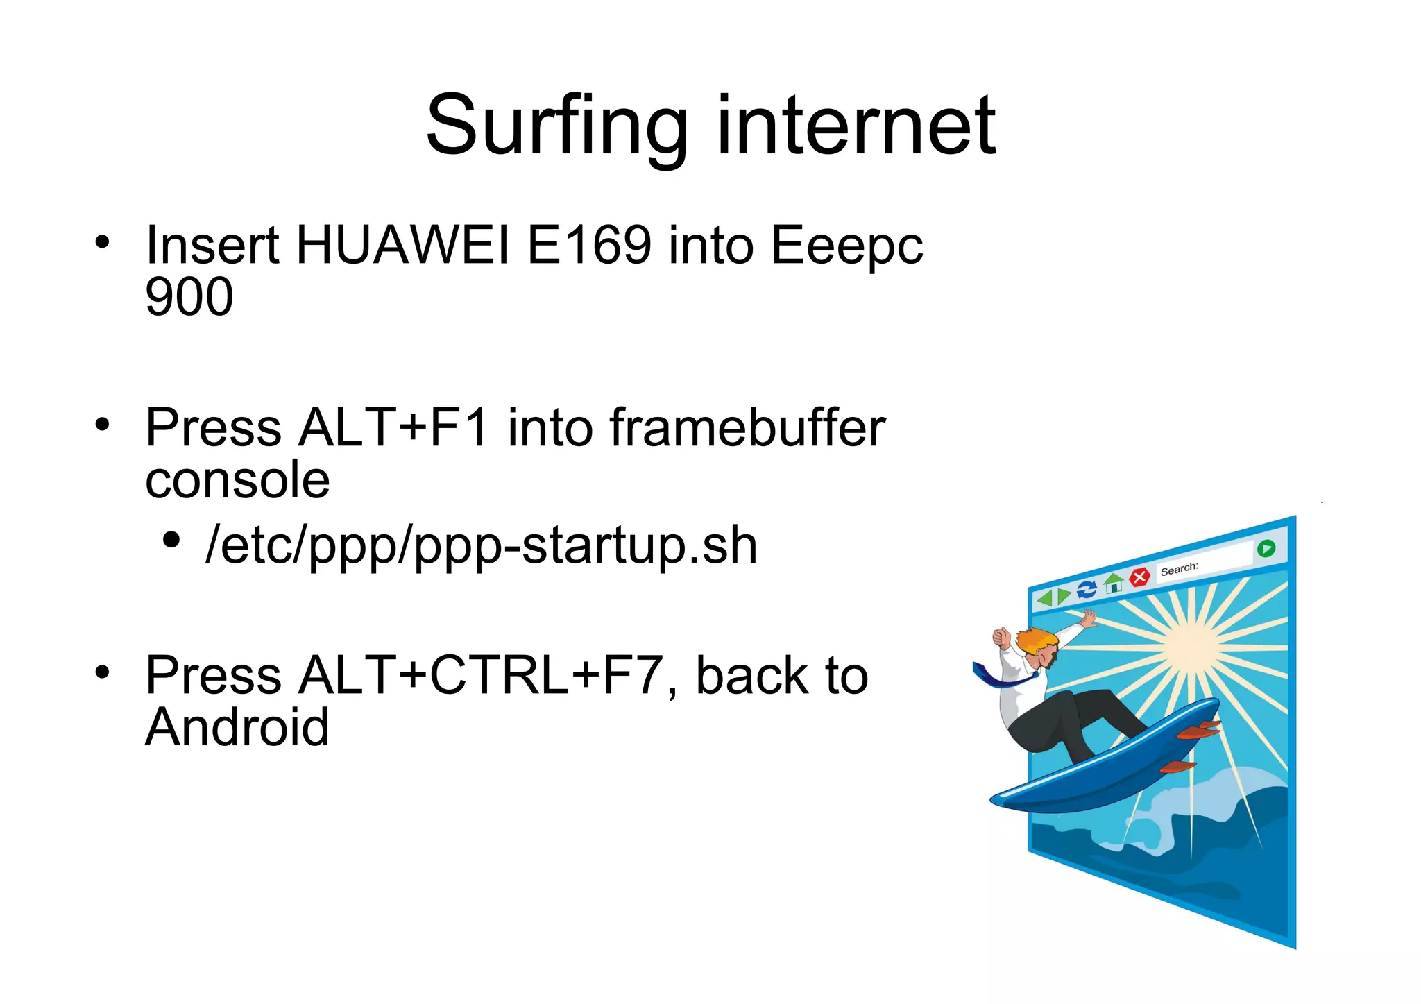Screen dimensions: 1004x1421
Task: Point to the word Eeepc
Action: (x=846, y=247)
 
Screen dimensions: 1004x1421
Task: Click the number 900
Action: (x=189, y=297)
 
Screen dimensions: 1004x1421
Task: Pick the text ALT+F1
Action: (x=393, y=427)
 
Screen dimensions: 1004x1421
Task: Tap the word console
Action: (x=237, y=480)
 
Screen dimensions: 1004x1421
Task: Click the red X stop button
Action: (x=1139, y=577)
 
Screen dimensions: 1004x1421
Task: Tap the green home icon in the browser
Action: (x=1114, y=584)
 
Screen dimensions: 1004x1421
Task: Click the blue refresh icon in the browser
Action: (x=1087, y=589)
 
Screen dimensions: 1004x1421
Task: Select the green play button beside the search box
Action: (x=1266, y=548)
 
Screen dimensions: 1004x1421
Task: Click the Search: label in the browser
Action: (x=1179, y=569)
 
